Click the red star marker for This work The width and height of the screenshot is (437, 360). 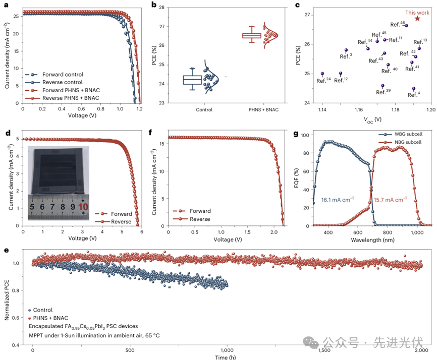click(417, 19)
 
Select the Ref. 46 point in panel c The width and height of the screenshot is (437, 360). click(406, 25)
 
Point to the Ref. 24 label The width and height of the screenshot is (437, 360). click(323, 80)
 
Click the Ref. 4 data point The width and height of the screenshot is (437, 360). click(414, 89)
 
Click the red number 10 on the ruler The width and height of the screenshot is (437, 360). click(83, 206)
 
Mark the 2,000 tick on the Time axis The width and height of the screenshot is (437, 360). click(421, 349)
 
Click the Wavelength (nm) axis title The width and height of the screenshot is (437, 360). click(373, 241)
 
